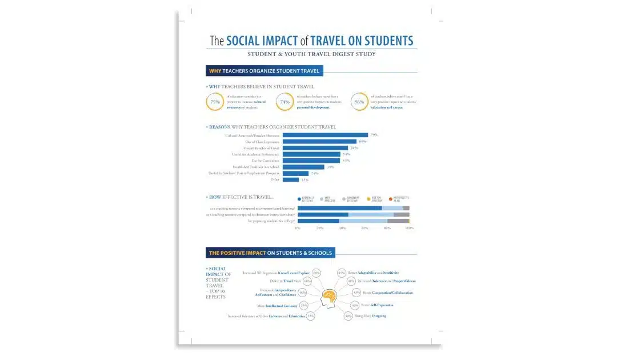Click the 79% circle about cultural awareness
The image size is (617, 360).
point(215,102)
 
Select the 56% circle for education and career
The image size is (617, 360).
point(359,102)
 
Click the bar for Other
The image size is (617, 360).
point(290,179)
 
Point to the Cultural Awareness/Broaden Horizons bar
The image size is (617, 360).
point(325,135)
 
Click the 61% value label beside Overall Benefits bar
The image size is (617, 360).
point(354,148)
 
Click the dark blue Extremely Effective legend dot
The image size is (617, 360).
point(299,199)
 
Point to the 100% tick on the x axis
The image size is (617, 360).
point(409,228)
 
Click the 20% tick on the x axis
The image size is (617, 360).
point(320,228)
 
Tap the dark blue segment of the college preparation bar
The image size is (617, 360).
point(318,221)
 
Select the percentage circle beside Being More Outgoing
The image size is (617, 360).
point(348,315)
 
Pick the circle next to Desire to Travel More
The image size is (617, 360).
point(307,281)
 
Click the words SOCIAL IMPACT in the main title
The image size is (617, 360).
point(262,41)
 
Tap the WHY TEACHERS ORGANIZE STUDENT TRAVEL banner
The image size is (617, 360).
point(265,71)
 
